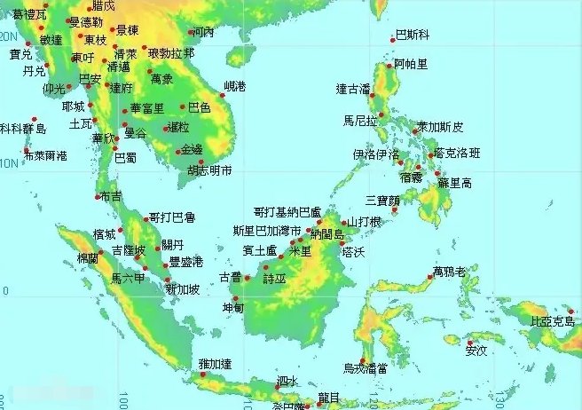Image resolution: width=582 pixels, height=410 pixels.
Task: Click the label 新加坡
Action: [x=182, y=289]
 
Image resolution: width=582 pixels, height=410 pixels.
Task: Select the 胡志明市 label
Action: [x=209, y=170]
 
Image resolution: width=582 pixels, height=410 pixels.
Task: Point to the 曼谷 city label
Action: [x=135, y=133]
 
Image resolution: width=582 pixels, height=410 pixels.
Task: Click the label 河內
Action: [x=203, y=32]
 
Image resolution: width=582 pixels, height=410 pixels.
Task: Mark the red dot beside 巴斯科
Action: [x=392, y=39]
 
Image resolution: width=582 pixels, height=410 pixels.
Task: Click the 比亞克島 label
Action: [x=552, y=321]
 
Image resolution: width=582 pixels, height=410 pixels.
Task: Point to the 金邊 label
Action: [x=192, y=149]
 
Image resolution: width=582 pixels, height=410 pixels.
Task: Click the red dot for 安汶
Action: [x=469, y=343]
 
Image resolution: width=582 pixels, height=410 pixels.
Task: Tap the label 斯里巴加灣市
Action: [x=261, y=230]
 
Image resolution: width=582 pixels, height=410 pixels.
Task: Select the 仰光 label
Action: [x=54, y=89]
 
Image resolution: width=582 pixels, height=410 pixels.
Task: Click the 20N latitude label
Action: [x=8, y=36]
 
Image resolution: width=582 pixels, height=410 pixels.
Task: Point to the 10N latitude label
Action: [x=8, y=163]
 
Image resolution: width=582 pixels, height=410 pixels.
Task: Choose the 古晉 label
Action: [x=230, y=278]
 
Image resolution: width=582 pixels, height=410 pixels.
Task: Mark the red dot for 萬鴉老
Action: [x=430, y=277]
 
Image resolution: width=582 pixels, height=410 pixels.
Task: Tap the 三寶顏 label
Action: [x=381, y=200]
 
